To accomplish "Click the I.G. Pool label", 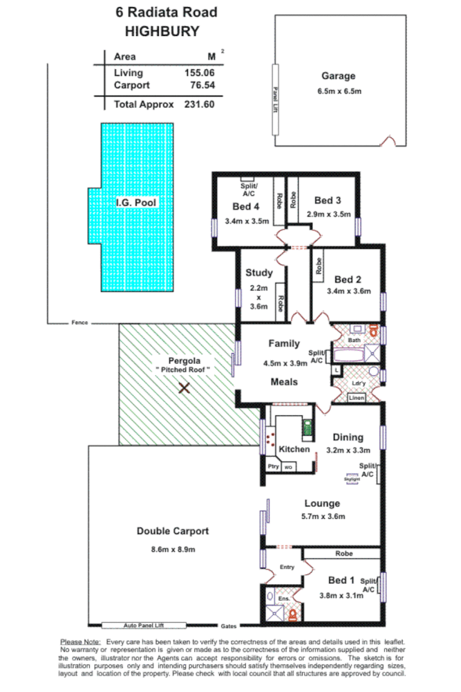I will tap(136, 203).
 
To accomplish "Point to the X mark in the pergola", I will tap(184, 388).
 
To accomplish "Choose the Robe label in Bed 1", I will tap(344, 554).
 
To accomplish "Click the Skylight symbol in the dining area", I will tap(352, 479).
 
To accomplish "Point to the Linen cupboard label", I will tap(356, 397).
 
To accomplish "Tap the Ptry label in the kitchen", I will tap(273, 466).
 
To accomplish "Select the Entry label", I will tap(286, 567).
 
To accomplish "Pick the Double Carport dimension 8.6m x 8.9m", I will tap(172, 549).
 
